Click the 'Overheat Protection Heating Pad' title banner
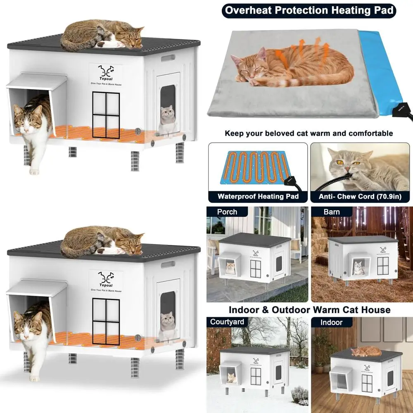[x=309, y=10]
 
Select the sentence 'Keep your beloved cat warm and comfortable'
[x=309, y=133]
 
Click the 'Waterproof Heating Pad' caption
[x=258, y=197]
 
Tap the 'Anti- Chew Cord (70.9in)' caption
[x=360, y=197]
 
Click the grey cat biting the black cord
[x=363, y=165]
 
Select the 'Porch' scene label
[x=227, y=212]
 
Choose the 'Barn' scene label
[x=332, y=212]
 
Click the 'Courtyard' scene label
[x=227, y=322]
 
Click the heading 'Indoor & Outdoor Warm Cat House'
[x=309, y=309]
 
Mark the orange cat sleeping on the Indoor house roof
[x=366, y=351]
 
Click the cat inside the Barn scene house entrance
[x=359, y=268]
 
